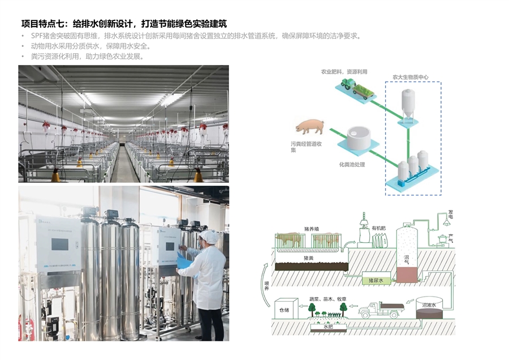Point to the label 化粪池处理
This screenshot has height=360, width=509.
click(x=352, y=165)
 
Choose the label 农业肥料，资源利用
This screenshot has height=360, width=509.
click(x=344, y=72)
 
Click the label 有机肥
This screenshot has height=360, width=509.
click(x=378, y=228)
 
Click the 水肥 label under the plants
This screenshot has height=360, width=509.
click(x=329, y=326)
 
